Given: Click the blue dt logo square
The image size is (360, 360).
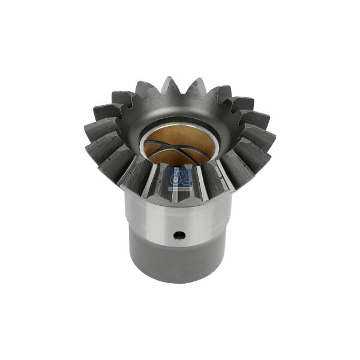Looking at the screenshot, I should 179,178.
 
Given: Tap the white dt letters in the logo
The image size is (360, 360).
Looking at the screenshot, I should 179,176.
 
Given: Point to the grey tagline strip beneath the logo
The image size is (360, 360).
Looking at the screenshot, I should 179,187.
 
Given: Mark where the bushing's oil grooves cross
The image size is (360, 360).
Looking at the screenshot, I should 174,154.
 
